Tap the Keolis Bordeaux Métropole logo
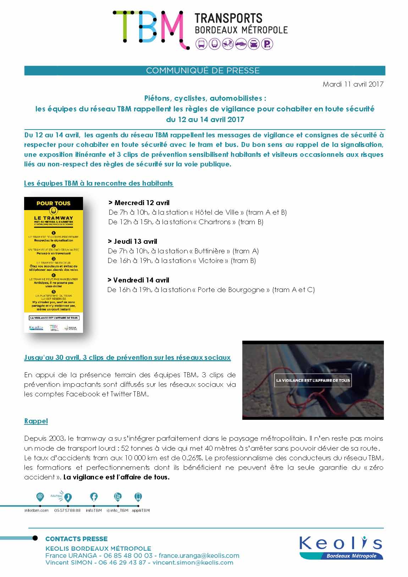tap(341, 548)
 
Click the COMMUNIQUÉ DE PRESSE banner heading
tap(203, 71)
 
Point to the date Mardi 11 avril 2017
tap(353, 84)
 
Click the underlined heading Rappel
tap(36, 421)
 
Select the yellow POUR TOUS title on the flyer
tap(54, 203)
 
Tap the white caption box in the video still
tap(313, 380)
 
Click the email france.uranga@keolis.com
tap(199, 556)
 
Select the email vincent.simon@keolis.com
tap(193, 563)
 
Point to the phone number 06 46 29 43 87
tap(122, 563)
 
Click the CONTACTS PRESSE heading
tap(76, 539)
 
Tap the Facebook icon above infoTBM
tap(94, 497)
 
